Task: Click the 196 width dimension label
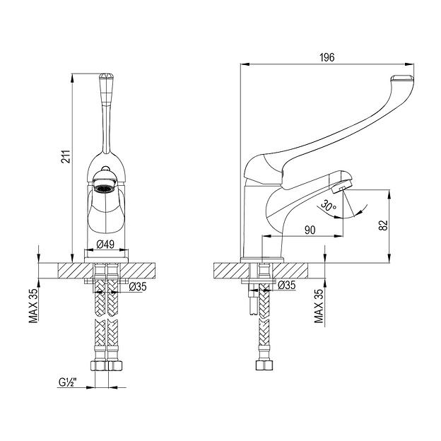[x=327, y=57]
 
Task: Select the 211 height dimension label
[x=66, y=156]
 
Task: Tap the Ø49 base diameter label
[x=105, y=244]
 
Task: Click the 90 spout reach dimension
[x=310, y=230]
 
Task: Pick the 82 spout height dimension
[x=383, y=225]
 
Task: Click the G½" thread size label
[x=68, y=382]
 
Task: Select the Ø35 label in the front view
[x=138, y=287]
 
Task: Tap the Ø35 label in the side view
[x=287, y=286]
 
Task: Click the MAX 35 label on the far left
[x=33, y=305]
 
